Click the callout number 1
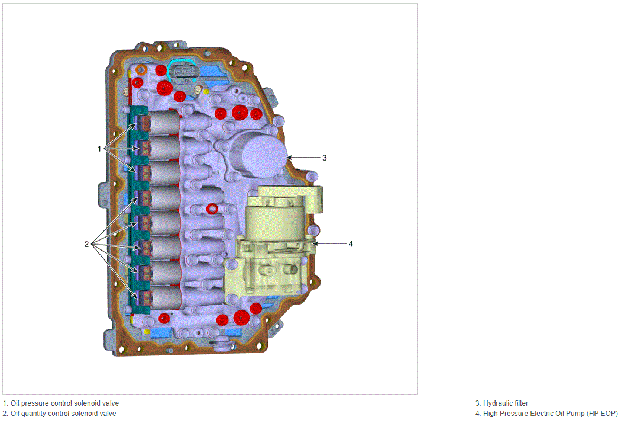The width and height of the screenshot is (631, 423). click(99, 149)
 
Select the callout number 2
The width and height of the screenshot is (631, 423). click(86, 244)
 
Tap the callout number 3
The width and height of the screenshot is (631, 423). click(324, 158)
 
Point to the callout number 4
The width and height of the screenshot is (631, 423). click(351, 243)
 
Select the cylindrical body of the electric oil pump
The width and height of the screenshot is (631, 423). click(276, 220)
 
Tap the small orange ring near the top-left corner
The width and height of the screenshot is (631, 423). click(141, 69)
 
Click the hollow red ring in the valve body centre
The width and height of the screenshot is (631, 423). click(212, 209)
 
